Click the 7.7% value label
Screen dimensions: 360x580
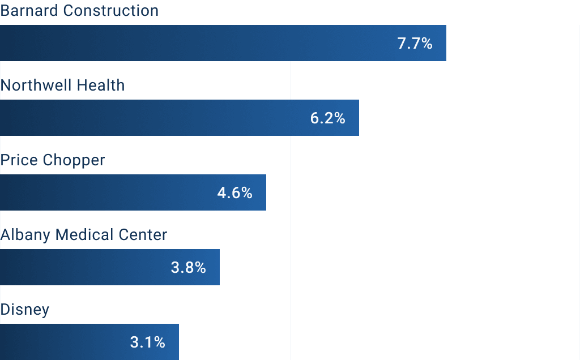(x=415, y=44)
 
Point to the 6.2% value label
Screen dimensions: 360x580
(x=327, y=118)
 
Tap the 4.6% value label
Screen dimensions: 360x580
(x=234, y=193)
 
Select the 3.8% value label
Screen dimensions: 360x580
(x=188, y=268)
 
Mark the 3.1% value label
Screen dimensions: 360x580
(x=147, y=342)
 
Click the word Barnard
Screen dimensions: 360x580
(x=29, y=11)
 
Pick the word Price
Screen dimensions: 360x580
(x=19, y=160)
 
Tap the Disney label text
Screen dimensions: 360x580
(x=25, y=310)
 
